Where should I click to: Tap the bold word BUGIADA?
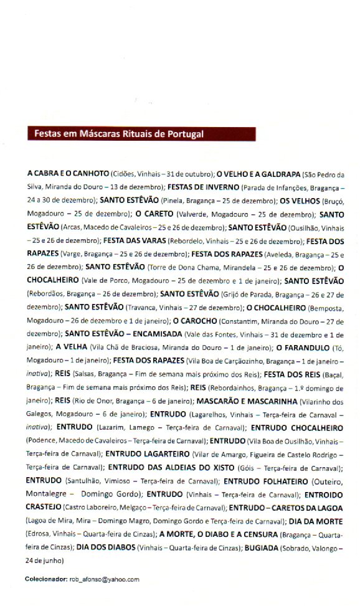[275, 547]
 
